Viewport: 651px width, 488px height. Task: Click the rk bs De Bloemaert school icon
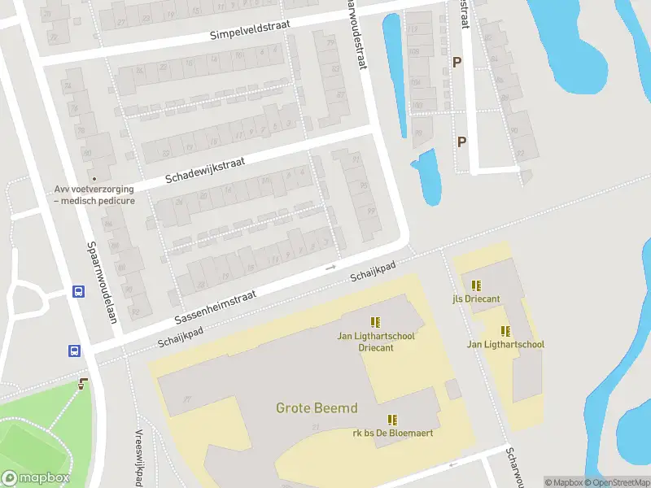392,420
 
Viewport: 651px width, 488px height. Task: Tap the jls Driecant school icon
476,285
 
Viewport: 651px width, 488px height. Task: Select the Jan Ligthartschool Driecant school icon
374,323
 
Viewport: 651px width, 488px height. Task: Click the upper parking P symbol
457,62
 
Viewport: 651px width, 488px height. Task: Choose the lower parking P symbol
461,142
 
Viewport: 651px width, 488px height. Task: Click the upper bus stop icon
78,292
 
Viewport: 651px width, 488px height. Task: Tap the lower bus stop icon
74,351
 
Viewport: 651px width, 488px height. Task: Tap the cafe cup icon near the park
81,384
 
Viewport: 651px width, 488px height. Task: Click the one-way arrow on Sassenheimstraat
330,267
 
